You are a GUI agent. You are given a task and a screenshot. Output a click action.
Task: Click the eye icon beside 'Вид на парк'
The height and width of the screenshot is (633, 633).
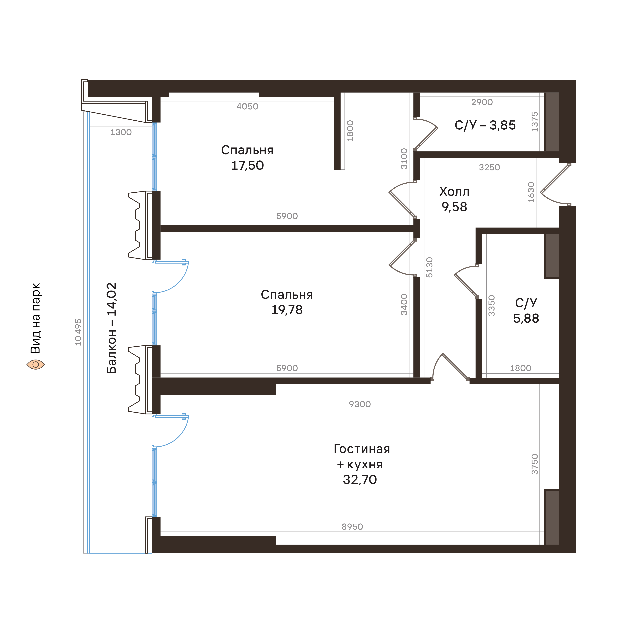(x=35, y=364)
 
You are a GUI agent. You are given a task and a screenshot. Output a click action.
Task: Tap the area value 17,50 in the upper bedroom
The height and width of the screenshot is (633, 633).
(x=247, y=166)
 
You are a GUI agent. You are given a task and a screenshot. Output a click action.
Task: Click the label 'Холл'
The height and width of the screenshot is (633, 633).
(x=454, y=192)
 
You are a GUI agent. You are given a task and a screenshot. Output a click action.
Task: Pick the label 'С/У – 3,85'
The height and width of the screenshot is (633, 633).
(x=485, y=125)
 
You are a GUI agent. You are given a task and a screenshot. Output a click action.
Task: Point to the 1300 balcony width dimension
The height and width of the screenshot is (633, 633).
(x=121, y=132)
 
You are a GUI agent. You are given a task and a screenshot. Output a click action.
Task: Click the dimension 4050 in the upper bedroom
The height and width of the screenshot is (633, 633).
(x=247, y=107)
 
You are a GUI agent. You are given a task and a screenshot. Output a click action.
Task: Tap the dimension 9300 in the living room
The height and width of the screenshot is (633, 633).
(x=360, y=404)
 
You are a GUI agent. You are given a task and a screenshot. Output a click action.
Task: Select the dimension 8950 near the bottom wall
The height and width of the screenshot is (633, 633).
(x=352, y=527)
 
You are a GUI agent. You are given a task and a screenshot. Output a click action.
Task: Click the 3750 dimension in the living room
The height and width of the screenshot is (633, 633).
(x=535, y=464)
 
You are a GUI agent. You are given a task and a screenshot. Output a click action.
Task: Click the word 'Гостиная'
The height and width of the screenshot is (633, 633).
(x=362, y=449)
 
